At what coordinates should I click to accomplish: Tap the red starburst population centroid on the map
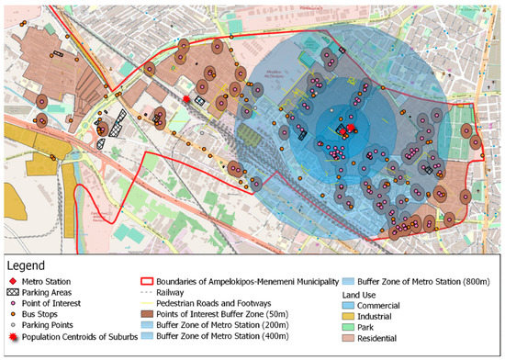[187, 96]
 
